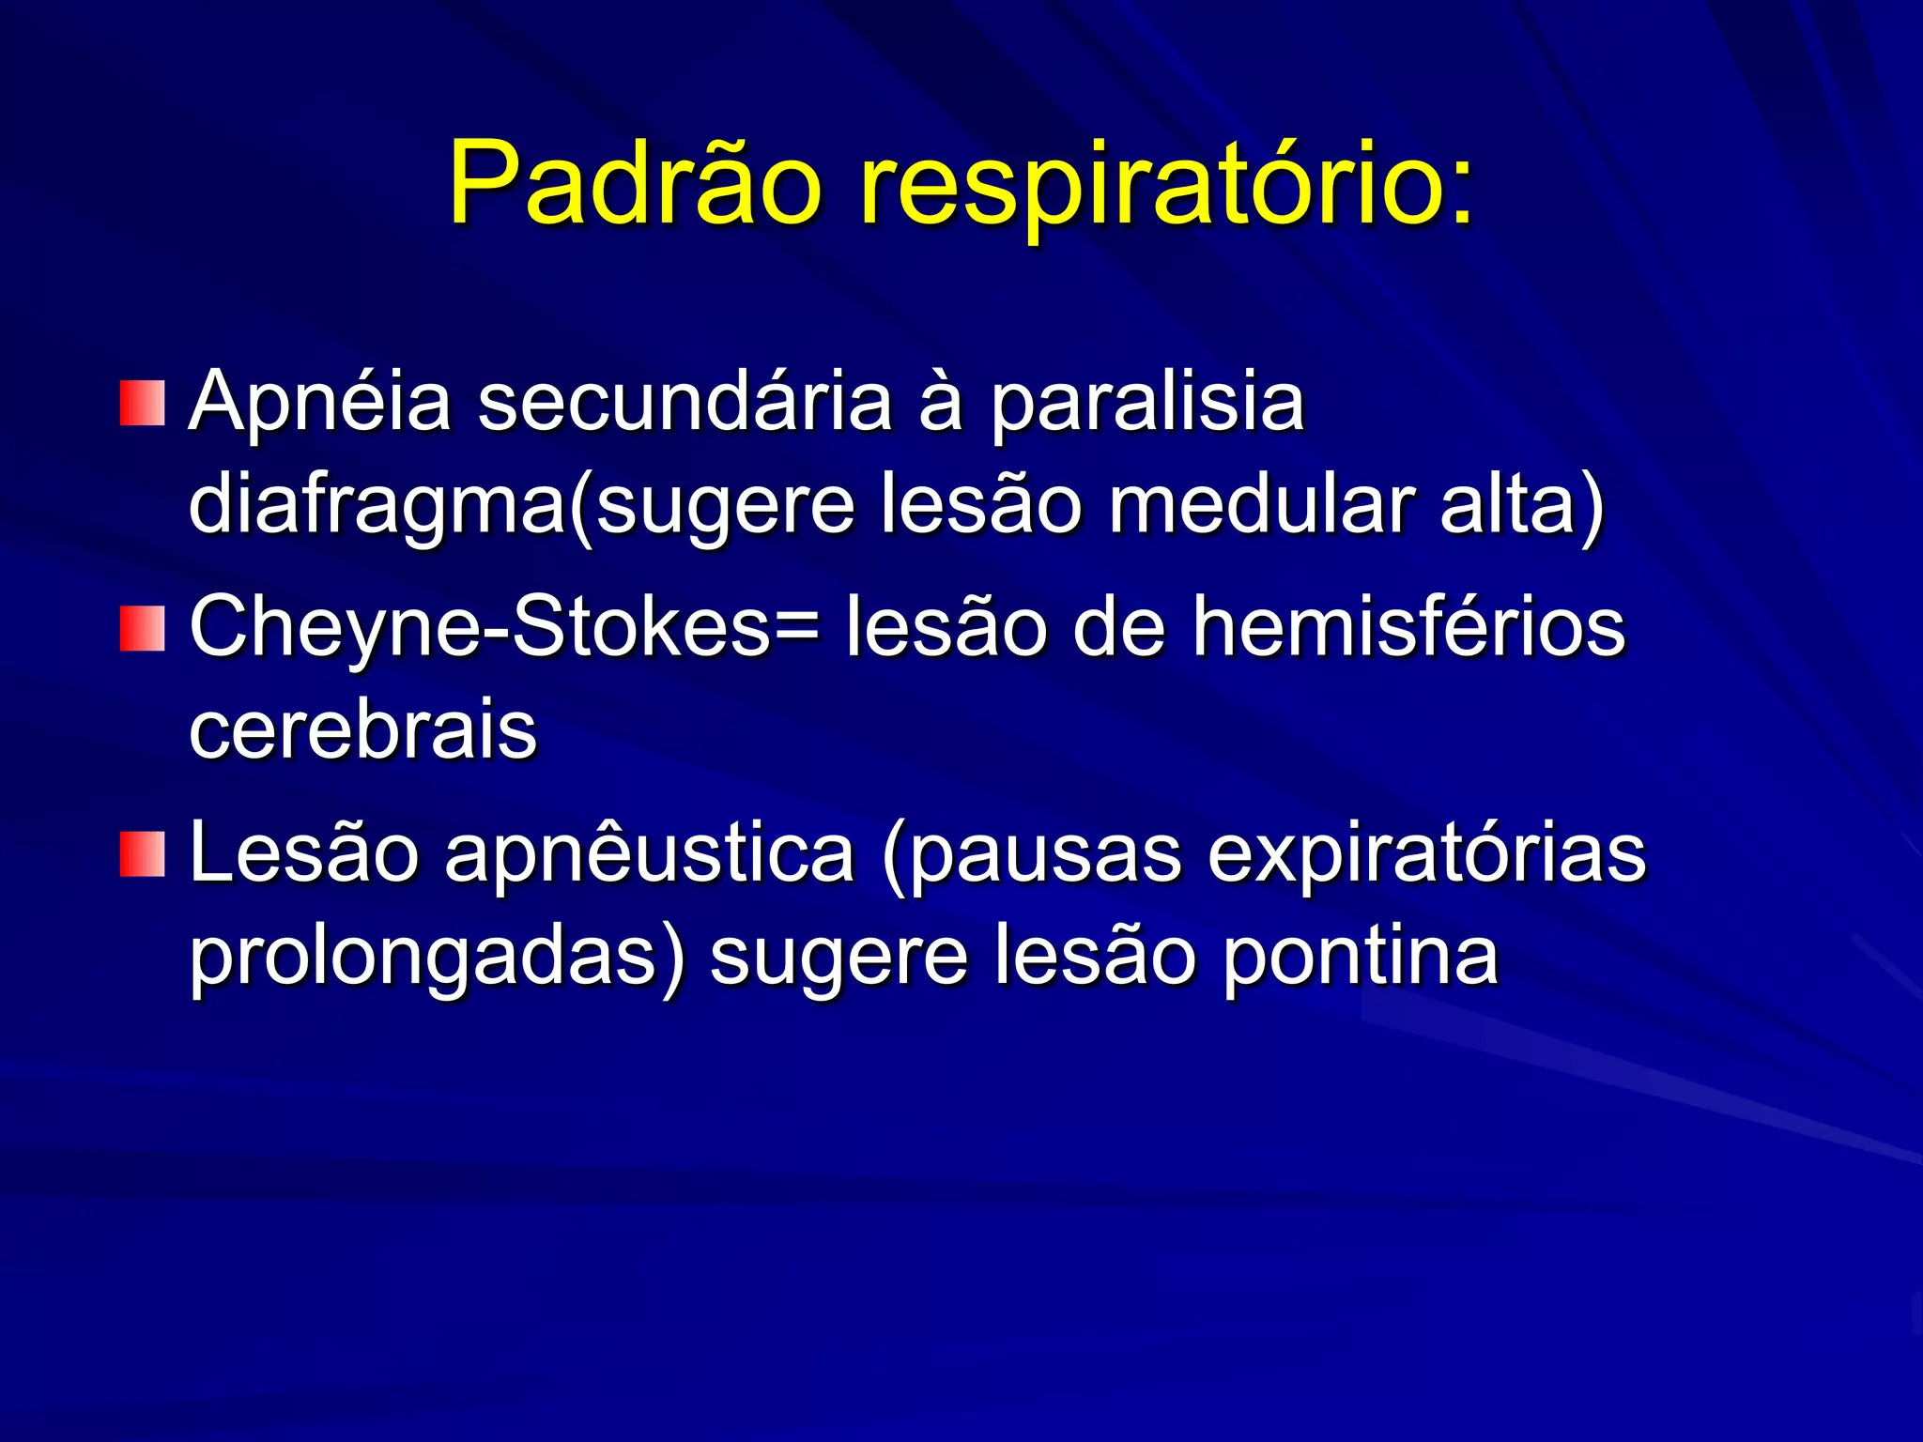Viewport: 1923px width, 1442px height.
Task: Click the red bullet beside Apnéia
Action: pos(143,403)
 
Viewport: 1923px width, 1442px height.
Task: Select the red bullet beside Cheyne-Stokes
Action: pos(143,628)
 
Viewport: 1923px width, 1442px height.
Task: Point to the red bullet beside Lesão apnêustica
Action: pos(143,853)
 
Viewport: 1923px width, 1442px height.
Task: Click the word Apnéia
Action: pos(320,404)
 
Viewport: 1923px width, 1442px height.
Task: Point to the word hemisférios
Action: pos(1408,627)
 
